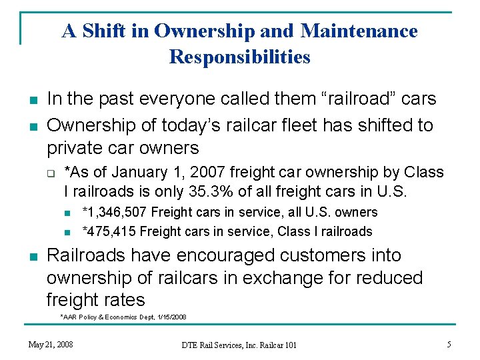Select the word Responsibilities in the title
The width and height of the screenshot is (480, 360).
tap(240, 57)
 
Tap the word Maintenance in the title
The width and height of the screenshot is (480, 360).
tap(359, 31)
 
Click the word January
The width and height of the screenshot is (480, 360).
tap(134, 173)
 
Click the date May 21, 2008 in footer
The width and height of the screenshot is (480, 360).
tap(51, 344)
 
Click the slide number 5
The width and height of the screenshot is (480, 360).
tap(449, 344)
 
